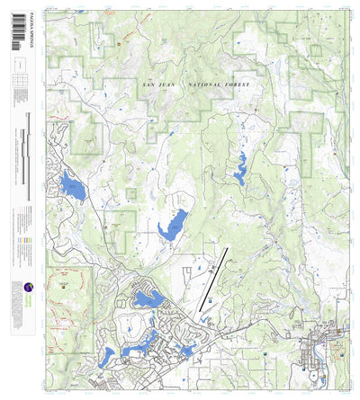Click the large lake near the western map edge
click(71, 188)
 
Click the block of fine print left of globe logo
click(18, 270)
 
